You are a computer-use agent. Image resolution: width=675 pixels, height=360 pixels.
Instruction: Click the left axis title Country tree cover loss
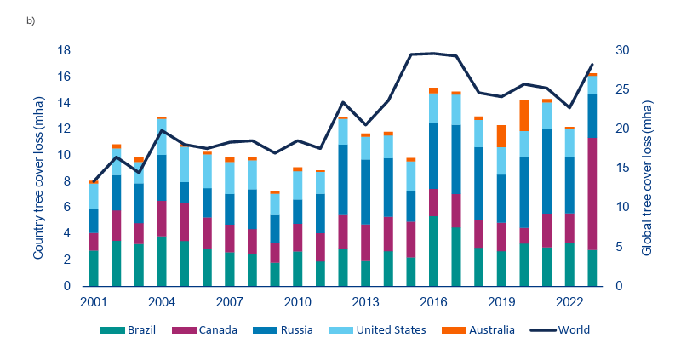coord(38,169)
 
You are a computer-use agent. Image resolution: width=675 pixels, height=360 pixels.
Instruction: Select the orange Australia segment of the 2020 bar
coord(547,116)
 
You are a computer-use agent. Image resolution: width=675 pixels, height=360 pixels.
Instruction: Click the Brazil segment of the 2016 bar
coord(433,251)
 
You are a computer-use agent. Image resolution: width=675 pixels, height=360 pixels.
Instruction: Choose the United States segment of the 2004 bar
coord(162,137)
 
